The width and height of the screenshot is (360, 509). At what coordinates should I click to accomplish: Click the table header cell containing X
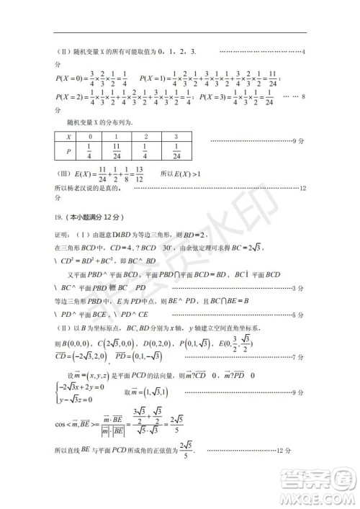coord(68,136)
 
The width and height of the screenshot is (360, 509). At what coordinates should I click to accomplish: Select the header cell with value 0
coord(90,136)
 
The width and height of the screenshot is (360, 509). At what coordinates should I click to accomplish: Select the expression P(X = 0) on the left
coord(73,77)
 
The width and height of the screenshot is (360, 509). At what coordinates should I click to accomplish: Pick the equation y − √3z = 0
coord(78,396)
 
